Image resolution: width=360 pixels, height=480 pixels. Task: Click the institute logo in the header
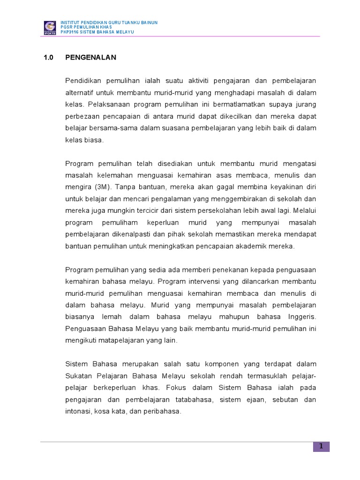point(49,27)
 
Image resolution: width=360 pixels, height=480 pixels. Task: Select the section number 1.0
point(49,58)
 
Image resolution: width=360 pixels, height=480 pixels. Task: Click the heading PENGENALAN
point(90,58)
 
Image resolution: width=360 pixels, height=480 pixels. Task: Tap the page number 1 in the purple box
point(321,446)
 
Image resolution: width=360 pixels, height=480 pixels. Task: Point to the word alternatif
point(80,92)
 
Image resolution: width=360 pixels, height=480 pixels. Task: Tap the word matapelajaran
point(119,341)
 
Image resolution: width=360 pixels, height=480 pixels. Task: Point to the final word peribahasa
point(162,412)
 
